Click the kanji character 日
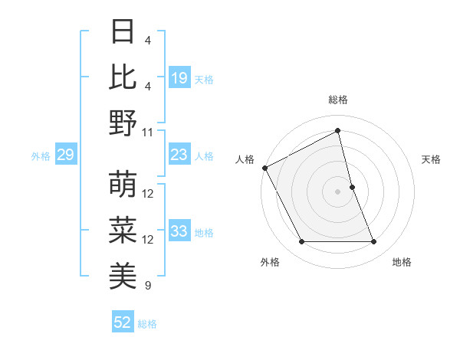123,32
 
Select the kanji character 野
123,123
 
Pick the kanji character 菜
123,231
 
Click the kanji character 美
123,277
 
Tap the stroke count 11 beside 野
148,132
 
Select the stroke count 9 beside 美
148,286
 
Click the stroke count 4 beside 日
148,40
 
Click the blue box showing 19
179,78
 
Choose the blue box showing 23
179,155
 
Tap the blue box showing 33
179,232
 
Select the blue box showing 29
65,155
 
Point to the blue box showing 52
123,323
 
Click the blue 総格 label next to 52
147,324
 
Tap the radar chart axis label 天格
432,159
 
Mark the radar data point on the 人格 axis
264,167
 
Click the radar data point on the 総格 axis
337,131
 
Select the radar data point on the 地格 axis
374,242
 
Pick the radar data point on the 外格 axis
301,242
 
